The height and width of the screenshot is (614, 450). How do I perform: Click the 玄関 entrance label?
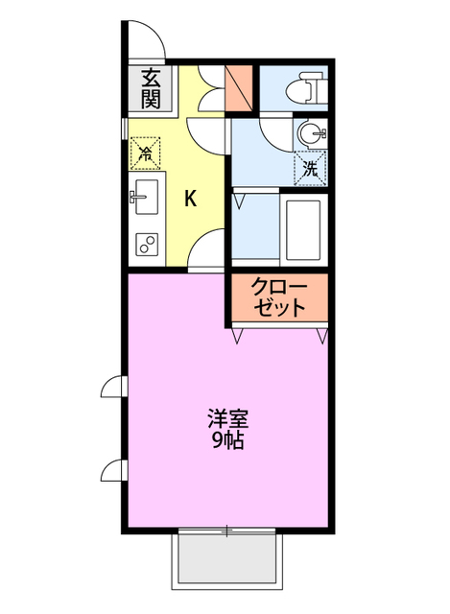coord(151,87)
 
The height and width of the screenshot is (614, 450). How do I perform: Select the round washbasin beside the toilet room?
coord(311,133)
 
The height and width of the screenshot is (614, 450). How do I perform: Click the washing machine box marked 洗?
coord(310,167)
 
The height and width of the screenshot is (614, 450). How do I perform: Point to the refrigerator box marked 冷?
coord(145,152)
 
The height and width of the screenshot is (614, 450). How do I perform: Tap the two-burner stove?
coord(147,245)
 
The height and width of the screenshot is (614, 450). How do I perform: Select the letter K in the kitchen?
coord(190,199)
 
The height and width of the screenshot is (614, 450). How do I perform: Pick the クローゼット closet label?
coord(278,296)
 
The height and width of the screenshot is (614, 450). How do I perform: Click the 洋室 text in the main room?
coord(228,419)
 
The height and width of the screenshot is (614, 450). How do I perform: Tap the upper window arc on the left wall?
coord(113,387)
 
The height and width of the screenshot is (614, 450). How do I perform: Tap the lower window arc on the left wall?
coord(113,470)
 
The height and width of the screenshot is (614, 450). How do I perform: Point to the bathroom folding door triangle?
coord(239,201)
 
